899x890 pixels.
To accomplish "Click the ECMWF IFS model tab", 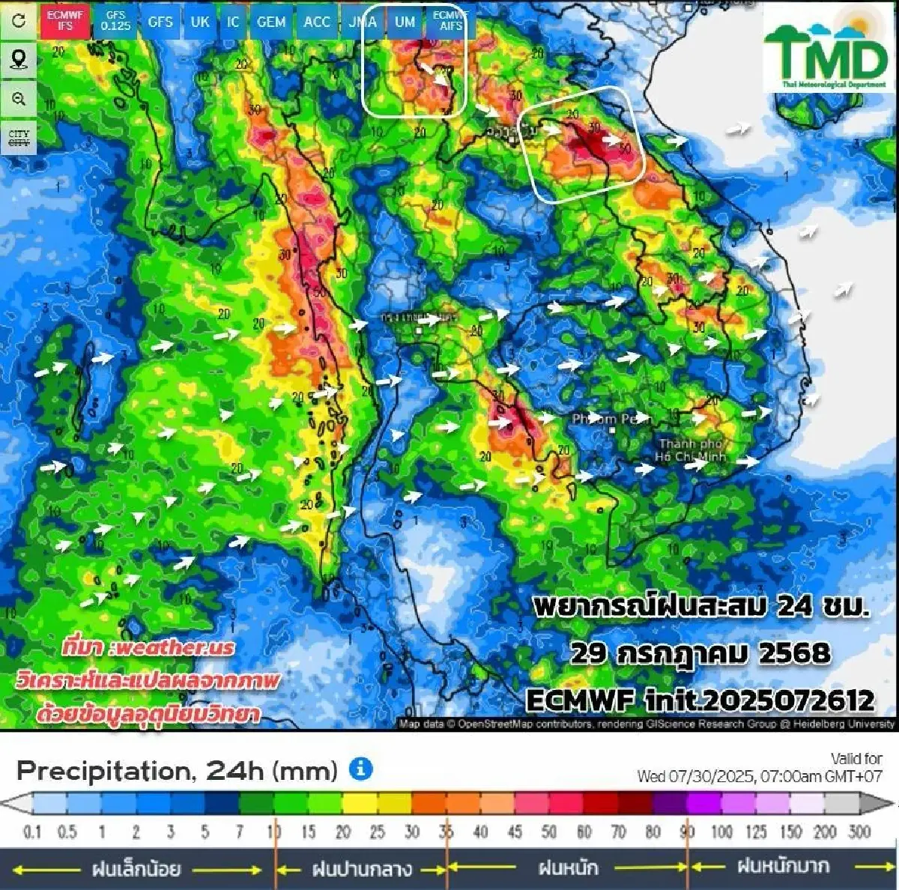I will (65, 21).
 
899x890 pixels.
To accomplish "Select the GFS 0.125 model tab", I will (116, 21).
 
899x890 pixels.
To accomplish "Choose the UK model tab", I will (200, 22).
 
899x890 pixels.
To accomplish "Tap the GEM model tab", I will (270, 22).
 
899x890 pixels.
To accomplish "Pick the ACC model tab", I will (317, 22).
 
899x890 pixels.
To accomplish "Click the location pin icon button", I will (19, 59).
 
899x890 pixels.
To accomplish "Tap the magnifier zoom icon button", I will (19, 99).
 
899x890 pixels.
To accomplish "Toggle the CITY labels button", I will (19, 139).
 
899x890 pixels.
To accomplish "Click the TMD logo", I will (825, 51).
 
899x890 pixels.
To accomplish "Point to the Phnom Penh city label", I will (611, 419).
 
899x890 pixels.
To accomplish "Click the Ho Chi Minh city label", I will (690, 450).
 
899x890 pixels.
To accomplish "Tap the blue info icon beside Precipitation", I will (361, 769).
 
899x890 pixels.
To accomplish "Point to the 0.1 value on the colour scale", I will (32, 832).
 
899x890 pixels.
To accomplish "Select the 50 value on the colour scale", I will (549, 832).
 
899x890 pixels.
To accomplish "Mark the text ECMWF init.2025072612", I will (700, 700).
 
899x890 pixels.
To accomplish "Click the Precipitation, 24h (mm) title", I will (177, 770).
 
